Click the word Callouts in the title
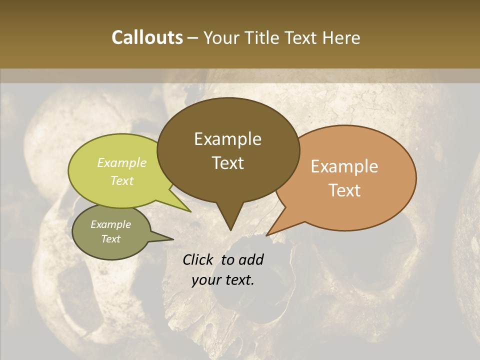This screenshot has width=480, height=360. (x=147, y=38)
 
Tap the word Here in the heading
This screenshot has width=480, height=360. (x=342, y=38)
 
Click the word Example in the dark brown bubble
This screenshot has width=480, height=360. (x=227, y=139)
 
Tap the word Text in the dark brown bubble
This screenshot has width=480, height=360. (x=228, y=163)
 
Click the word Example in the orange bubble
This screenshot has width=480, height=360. (x=344, y=166)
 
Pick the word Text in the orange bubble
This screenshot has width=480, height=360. (x=345, y=190)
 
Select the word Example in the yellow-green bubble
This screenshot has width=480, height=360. (x=122, y=162)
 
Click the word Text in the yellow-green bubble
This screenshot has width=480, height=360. (x=122, y=180)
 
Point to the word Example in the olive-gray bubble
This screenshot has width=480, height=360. (x=110, y=224)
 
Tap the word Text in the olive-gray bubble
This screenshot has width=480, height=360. (x=111, y=239)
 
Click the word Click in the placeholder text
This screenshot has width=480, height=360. (x=199, y=259)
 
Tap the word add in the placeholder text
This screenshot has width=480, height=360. (x=251, y=259)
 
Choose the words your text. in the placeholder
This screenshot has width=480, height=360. (x=223, y=280)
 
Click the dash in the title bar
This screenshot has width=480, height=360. (x=193, y=38)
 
